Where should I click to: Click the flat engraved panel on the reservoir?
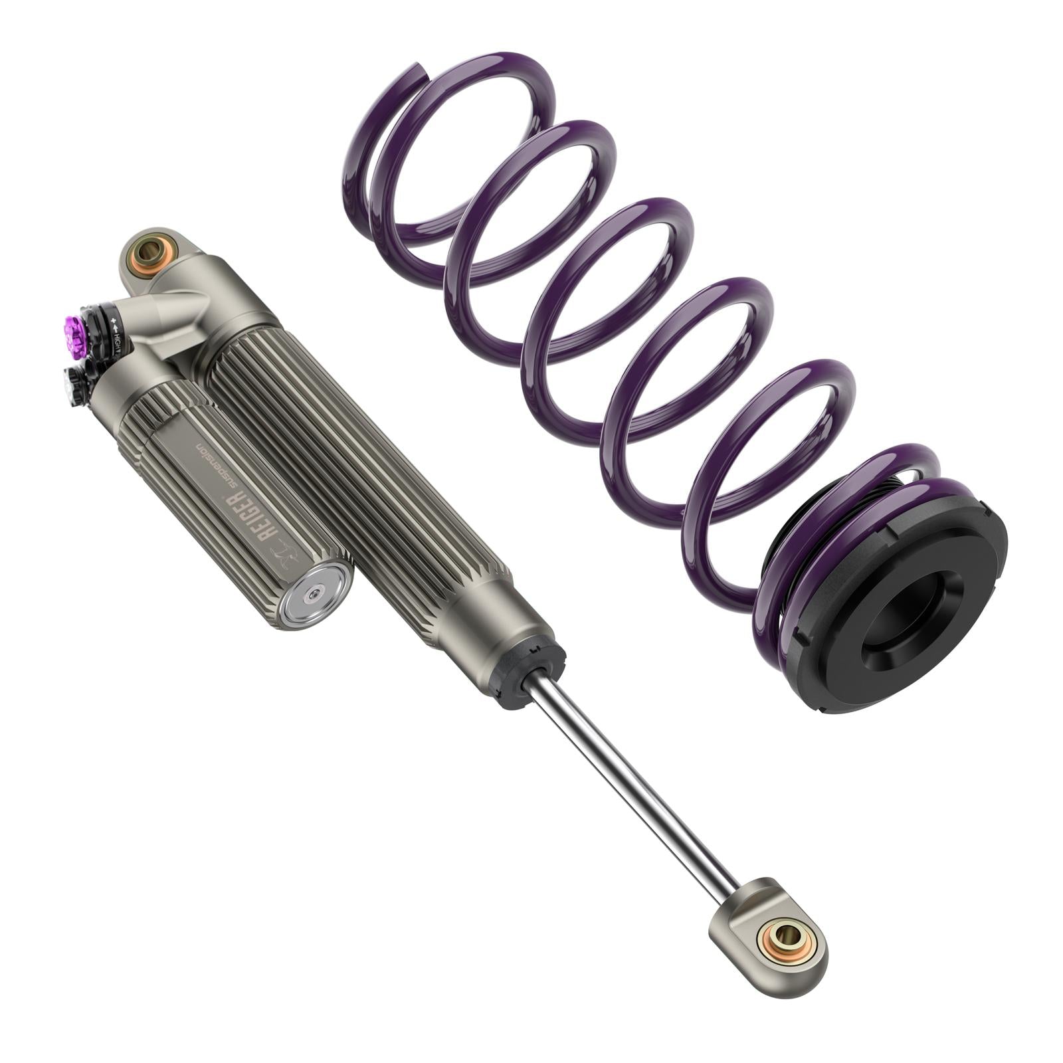coord(233,492)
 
